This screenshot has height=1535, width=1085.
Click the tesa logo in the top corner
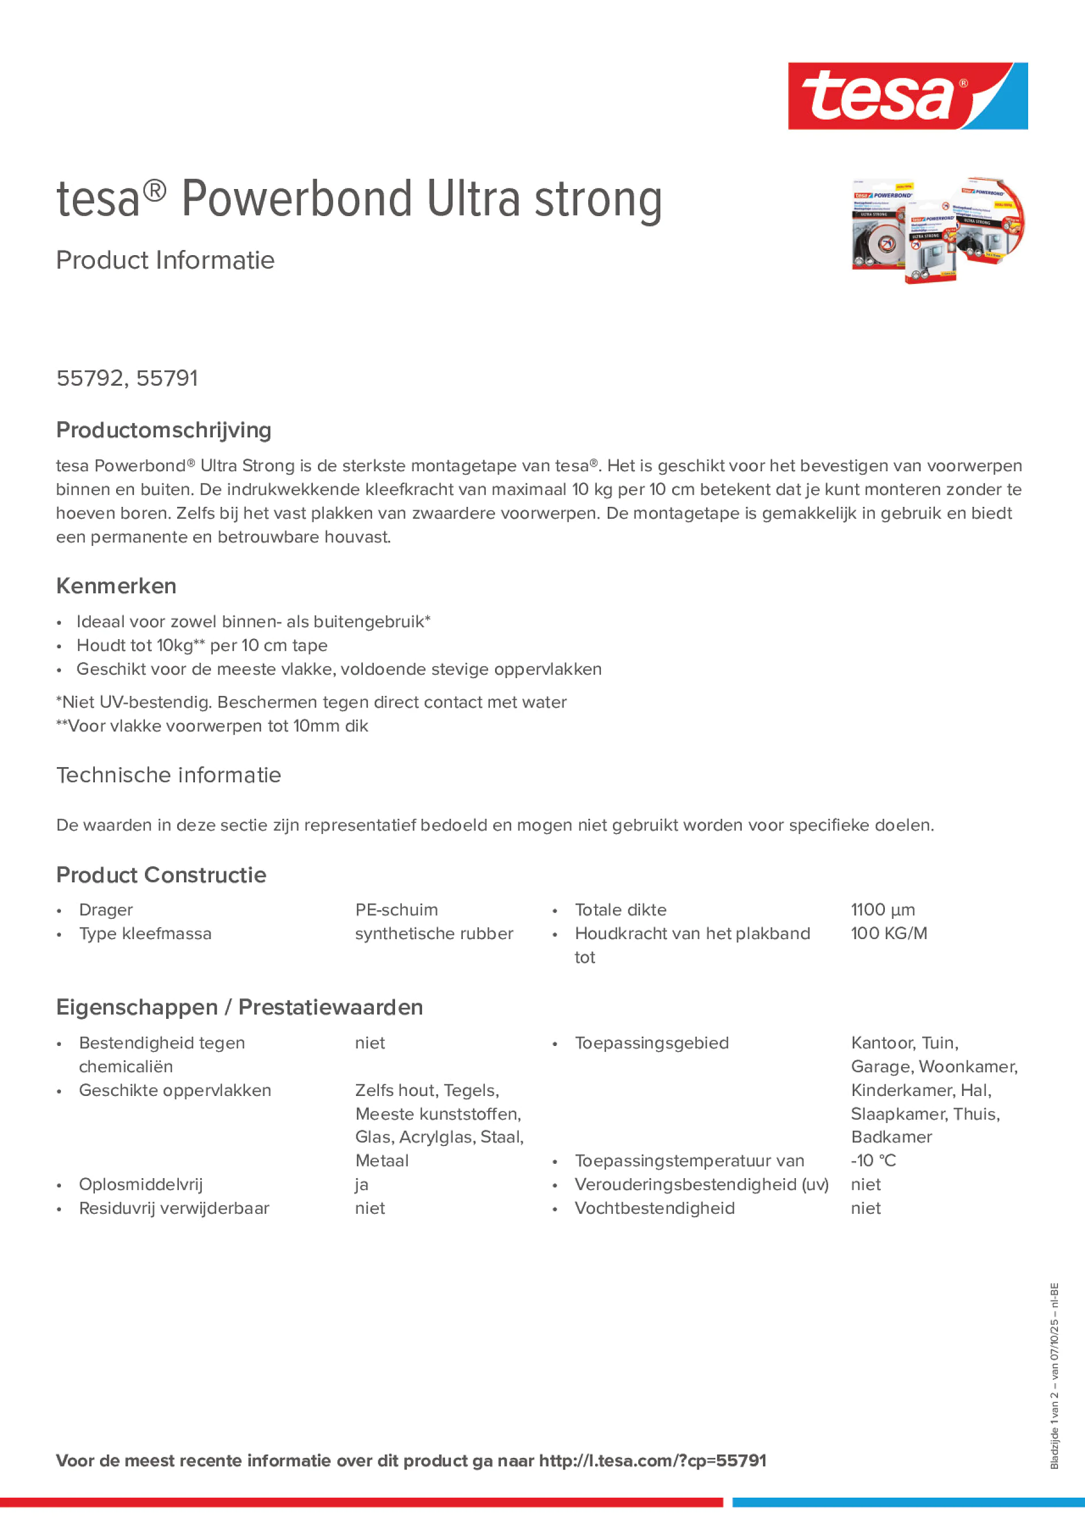click(907, 95)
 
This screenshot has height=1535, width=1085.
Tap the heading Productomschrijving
click(163, 430)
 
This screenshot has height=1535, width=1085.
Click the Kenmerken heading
click(116, 586)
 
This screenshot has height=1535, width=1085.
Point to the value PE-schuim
click(396, 909)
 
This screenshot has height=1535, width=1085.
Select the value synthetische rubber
click(434, 933)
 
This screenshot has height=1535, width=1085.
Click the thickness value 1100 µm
click(882, 909)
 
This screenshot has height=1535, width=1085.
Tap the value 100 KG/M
click(888, 933)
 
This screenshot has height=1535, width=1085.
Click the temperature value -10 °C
click(873, 1161)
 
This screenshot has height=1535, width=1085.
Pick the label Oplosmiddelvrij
click(140, 1184)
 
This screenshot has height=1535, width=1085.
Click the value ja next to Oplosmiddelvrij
click(361, 1184)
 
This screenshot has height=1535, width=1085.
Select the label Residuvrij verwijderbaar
click(174, 1208)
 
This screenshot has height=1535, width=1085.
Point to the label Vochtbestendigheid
click(654, 1208)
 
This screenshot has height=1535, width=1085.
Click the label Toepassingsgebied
click(651, 1043)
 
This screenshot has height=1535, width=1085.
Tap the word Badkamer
click(891, 1137)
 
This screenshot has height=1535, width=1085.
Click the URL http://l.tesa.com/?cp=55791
click(652, 1460)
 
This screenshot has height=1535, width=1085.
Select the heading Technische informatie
click(168, 775)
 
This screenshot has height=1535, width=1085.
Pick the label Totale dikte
click(620, 909)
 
